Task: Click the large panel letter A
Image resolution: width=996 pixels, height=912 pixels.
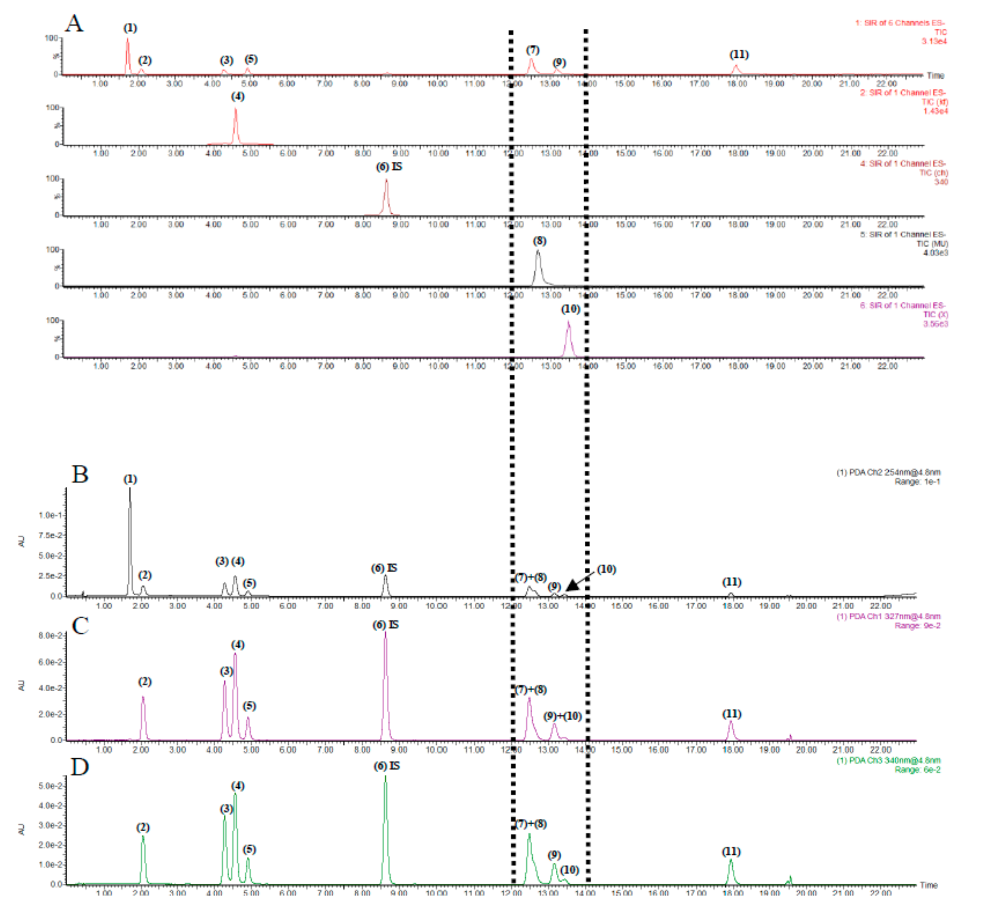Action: click(74, 23)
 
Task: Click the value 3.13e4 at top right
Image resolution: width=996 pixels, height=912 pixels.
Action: click(934, 41)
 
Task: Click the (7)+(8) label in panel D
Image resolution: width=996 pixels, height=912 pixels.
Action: click(531, 824)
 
